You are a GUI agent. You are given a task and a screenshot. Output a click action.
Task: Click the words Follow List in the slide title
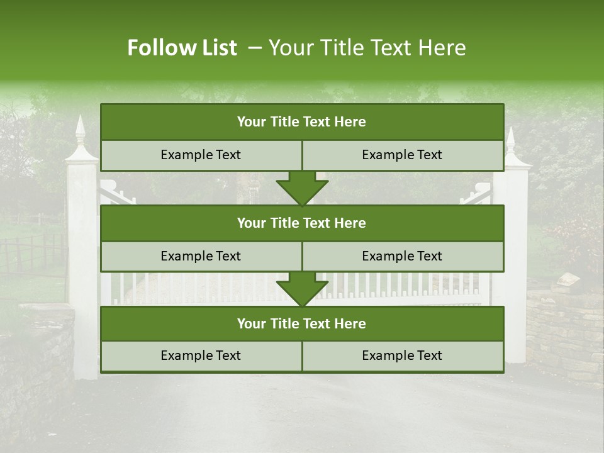tap(182, 48)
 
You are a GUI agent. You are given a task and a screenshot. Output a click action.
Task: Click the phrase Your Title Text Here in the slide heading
tap(367, 48)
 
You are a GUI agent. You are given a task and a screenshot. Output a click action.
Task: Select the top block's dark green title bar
tap(301, 122)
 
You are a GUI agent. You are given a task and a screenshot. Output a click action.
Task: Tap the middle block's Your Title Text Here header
tap(301, 223)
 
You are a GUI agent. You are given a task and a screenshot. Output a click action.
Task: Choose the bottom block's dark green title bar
tap(301, 323)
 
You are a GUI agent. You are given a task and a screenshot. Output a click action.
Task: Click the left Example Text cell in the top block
tap(201, 155)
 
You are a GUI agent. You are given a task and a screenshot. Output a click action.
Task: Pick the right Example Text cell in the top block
tap(402, 155)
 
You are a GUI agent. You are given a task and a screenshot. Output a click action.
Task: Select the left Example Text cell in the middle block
tap(201, 256)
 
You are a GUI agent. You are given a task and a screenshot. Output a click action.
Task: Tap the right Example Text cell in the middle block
tap(402, 256)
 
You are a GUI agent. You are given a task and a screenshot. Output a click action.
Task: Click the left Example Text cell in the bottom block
tap(201, 355)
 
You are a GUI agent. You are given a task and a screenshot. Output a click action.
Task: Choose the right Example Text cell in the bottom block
tap(402, 355)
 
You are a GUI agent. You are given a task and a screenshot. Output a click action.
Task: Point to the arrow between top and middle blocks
tap(302, 187)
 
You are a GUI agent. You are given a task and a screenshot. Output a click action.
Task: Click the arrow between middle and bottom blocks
tap(302, 289)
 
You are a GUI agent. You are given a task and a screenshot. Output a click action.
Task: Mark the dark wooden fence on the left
tap(31, 252)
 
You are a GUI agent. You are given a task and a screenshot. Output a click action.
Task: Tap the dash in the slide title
tap(255, 48)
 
